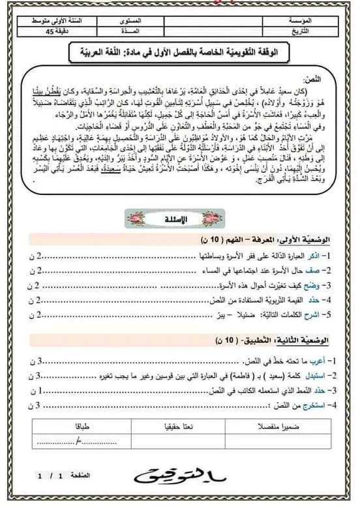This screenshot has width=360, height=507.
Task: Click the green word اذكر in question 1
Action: point(321,255)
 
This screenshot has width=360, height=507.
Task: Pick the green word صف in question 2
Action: point(323,269)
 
